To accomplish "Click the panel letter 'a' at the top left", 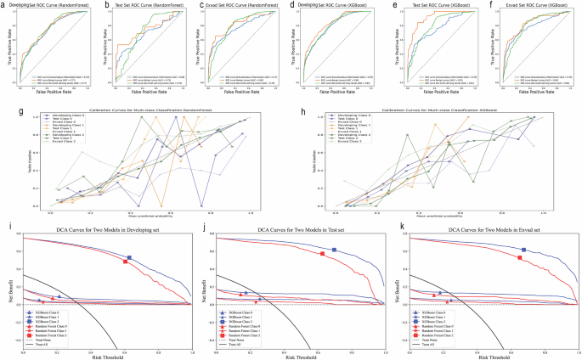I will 5,6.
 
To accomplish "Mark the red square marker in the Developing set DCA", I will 125,262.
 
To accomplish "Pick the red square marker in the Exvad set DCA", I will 520,257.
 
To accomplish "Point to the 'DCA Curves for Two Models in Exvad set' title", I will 492,231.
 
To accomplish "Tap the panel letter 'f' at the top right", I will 490,6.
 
